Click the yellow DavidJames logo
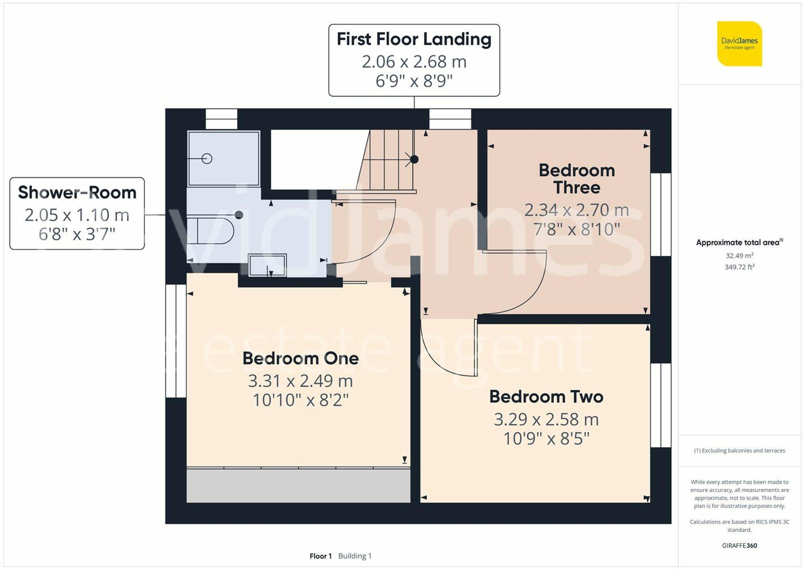tap(739, 43)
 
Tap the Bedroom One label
tap(300, 358)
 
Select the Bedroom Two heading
tap(546, 396)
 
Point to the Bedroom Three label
tap(576, 179)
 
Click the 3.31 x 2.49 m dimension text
tap(300, 381)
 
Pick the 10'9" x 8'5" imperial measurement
tap(546, 439)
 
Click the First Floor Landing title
tap(414, 39)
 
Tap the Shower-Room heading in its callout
tap(77, 193)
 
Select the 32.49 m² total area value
tap(739, 255)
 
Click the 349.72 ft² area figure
tap(739, 267)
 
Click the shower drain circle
tap(207, 158)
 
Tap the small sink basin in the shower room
tap(267, 265)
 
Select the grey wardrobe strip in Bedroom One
tap(298, 485)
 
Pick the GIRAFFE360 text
tap(739, 546)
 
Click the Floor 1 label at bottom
tap(320, 556)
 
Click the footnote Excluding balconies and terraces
tap(739, 451)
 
